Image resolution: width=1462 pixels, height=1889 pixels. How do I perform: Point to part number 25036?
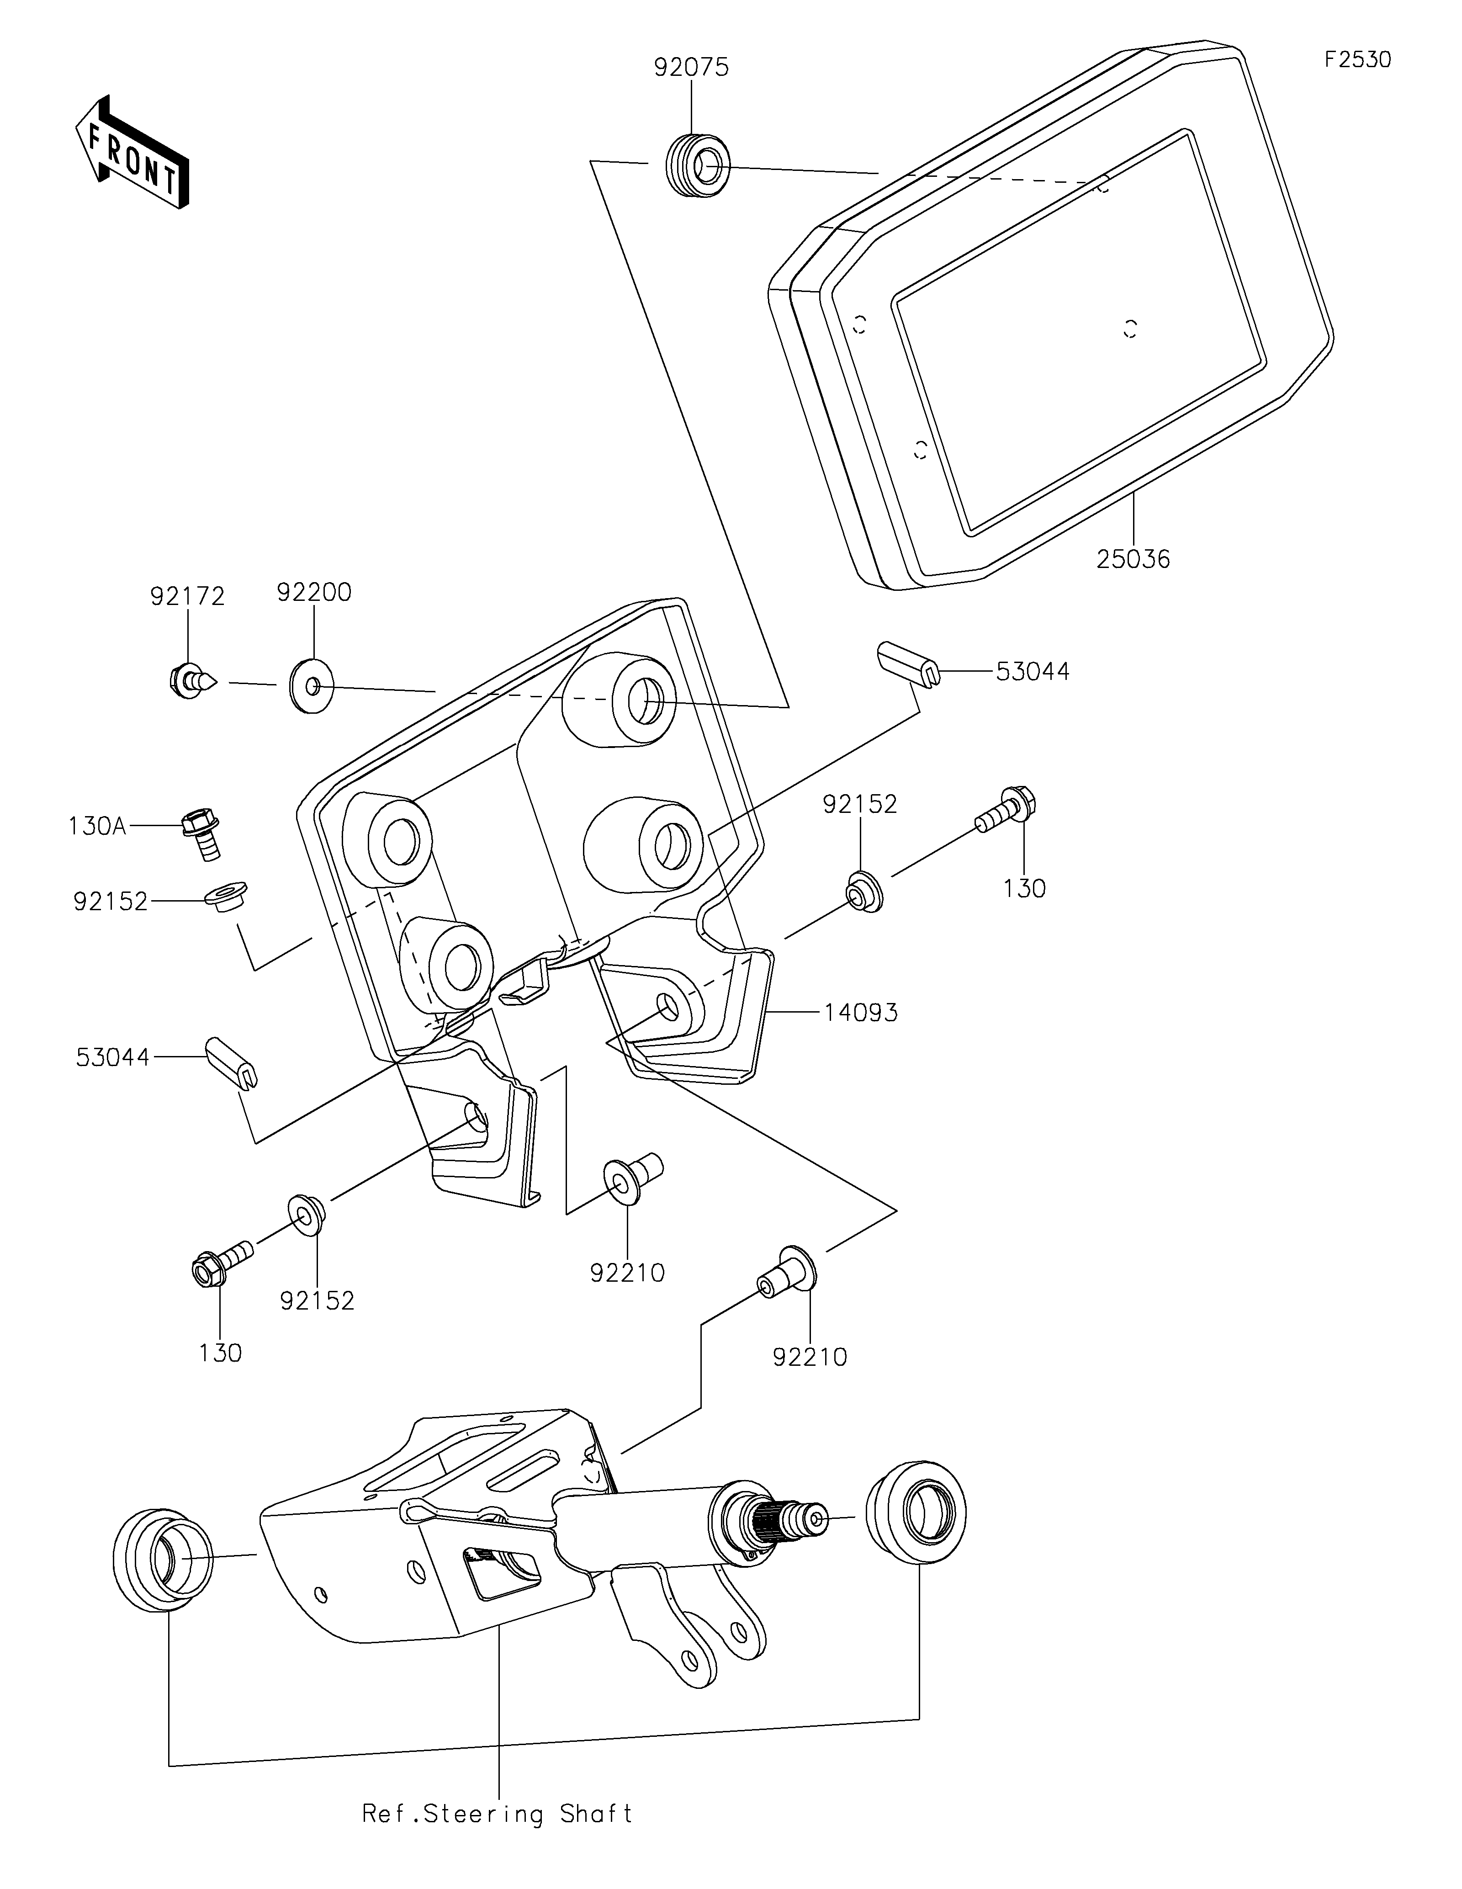pyautogui.click(x=1134, y=560)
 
